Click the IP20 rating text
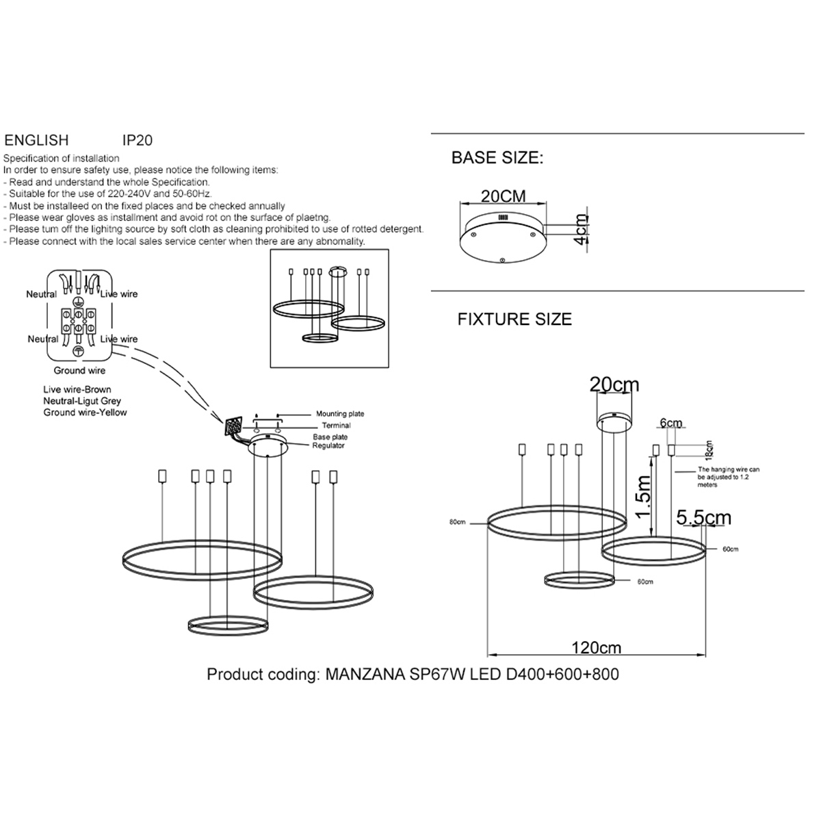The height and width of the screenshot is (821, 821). [x=137, y=140]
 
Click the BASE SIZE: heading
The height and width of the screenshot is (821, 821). [x=497, y=158]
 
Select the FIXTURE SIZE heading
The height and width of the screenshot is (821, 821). [x=514, y=320]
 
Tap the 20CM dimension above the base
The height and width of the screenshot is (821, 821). [x=504, y=196]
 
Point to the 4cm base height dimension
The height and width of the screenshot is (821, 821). [x=581, y=229]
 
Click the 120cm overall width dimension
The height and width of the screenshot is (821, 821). [x=597, y=647]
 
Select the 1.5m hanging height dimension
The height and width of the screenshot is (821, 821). [x=644, y=497]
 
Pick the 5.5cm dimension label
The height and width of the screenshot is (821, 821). [x=703, y=518]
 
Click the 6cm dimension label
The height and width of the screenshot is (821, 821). [x=671, y=423]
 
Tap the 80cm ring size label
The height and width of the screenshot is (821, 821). [x=457, y=522]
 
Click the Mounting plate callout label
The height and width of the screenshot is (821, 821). [x=340, y=414]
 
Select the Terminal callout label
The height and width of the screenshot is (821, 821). [x=337, y=426]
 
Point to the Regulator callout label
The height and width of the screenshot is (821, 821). [x=328, y=446]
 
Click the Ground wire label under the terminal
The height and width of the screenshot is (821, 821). [x=79, y=371]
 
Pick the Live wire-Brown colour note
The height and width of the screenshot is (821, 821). [x=77, y=390]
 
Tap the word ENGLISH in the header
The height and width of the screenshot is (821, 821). [x=36, y=140]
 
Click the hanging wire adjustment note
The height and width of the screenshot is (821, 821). [x=728, y=478]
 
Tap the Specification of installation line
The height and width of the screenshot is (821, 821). [x=62, y=159]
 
